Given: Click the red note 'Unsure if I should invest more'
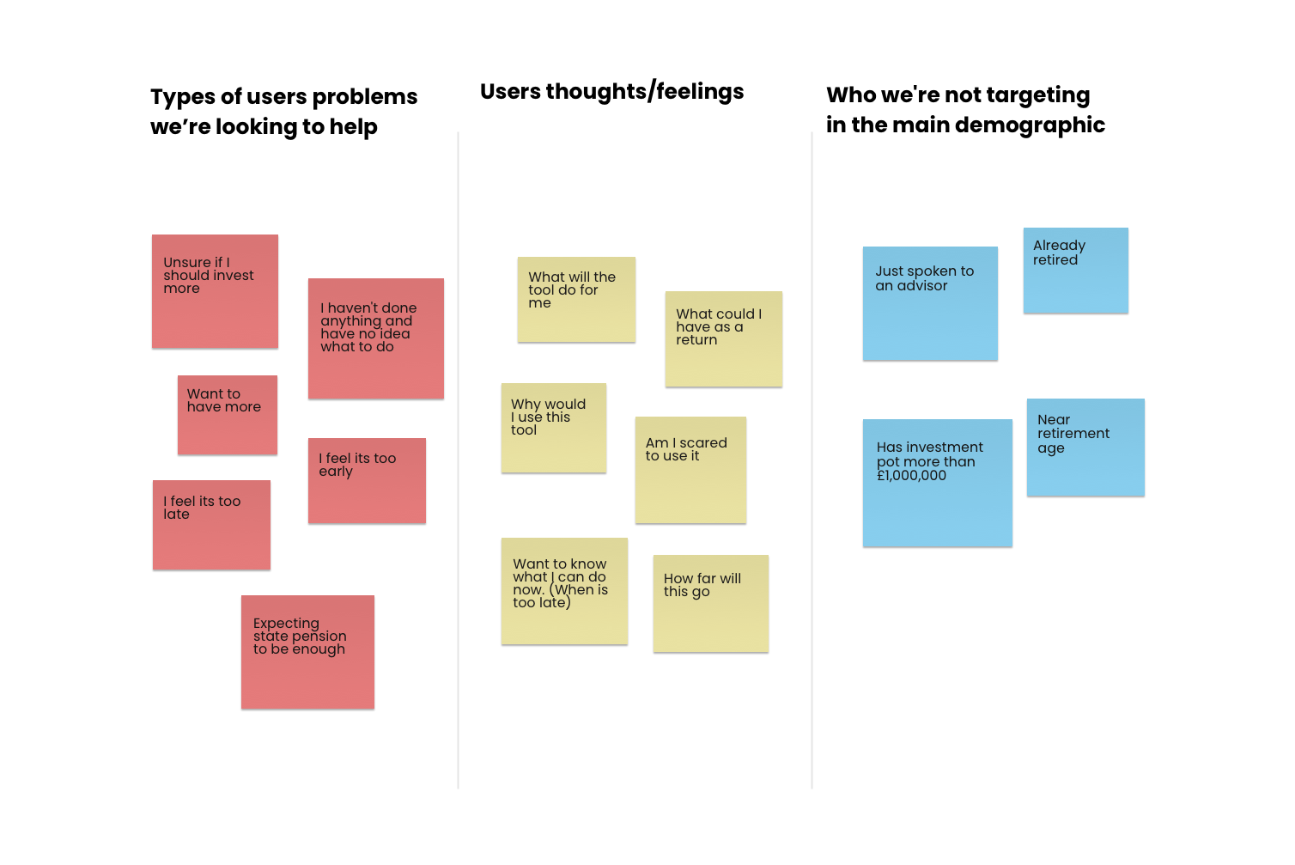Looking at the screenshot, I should point(215,291).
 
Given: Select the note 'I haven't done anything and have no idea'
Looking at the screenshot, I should point(375,338).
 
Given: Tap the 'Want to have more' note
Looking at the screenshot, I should point(227,415).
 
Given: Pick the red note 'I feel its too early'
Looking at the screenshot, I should point(367,481).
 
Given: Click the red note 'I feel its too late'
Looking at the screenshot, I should point(211,525).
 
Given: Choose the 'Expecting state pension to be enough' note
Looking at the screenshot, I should point(307,652).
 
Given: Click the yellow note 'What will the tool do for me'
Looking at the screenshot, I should point(576,299).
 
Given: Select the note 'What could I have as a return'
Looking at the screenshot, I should point(723,338).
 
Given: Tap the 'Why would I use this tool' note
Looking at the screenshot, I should point(553,428).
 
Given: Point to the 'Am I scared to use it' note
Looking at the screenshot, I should point(690,470).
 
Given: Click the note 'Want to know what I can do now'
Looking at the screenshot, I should point(564,591).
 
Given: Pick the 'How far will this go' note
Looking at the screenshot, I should point(710,603).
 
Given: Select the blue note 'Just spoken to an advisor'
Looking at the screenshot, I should point(930,303).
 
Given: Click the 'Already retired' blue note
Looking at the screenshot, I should point(1075,270).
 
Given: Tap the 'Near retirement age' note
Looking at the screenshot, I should point(1085,447).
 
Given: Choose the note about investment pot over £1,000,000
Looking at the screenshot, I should point(937,483).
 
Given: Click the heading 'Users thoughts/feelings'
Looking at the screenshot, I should point(611,91).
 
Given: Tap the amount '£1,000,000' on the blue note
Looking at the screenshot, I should point(911,476).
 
